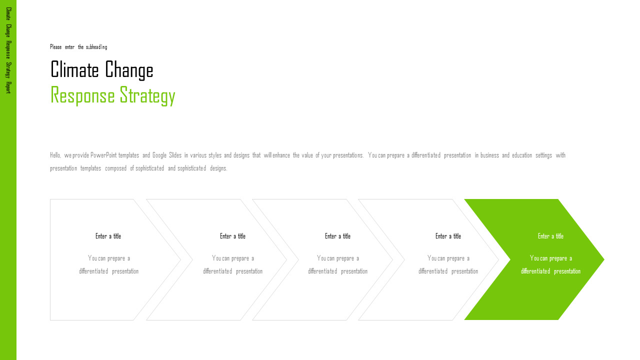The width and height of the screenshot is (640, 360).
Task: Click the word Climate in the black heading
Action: [x=74, y=69]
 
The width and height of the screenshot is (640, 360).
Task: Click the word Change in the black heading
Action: [x=129, y=70]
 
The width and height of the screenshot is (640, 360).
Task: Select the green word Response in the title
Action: [x=82, y=95]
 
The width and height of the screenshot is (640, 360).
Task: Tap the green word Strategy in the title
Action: [x=147, y=96]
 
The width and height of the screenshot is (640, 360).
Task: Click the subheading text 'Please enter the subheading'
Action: [x=78, y=47]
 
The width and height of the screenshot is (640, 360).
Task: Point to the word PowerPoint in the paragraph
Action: [x=103, y=155]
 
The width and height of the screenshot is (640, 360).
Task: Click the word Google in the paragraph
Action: [x=159, y=155]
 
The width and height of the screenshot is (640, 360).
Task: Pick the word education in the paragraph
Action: [x=522, y=155]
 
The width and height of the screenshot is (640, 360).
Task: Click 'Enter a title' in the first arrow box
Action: [x=108, y=236]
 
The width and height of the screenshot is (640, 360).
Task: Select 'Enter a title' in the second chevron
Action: [x=232, y=236]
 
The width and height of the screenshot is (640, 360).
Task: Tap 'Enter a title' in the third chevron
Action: [x=337, y=236]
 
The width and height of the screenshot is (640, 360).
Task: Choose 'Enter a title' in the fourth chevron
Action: [x=448, y=236]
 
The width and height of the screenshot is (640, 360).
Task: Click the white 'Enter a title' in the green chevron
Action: [x=551, y=236]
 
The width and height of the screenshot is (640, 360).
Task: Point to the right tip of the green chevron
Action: [x=604, y=259]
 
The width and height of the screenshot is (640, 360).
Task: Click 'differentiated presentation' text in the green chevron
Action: [x=551, y=271]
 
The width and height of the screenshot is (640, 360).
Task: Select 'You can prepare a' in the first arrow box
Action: [x=109, y=258]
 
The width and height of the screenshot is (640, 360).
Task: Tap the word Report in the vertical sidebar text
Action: [x=8, y=87]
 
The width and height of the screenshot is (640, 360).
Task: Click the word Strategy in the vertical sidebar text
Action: [x=8, y=70]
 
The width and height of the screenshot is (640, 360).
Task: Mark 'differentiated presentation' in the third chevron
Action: [x=337, y=271]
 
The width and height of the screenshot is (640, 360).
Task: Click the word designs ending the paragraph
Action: [x=218, y=168]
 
